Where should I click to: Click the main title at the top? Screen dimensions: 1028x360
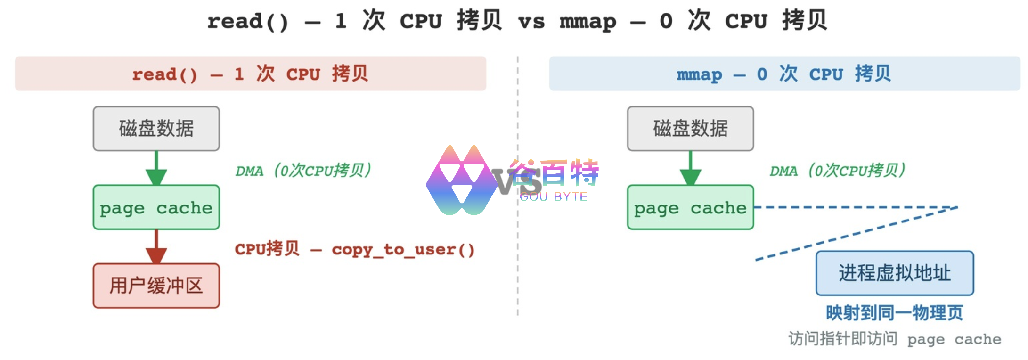pyautogui.click(x=517, y=21)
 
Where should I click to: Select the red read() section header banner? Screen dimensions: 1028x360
pyautogui.click(x=251, y=74)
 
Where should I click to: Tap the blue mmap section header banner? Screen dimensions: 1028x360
pyautogui.click(x=784, y=74)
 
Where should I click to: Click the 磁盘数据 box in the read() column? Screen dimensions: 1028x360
pyautogui.click(x=156, y=129)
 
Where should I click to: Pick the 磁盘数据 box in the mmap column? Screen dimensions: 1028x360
pyautogui.click(x=691, y=129)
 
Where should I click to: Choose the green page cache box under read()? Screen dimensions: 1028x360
pyautogui.click(x=156, y=207)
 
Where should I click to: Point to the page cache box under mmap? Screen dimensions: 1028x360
pyautogui.click(x=691, y=207)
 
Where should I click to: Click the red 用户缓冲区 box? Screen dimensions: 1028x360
pyautogui.click(x=156, y=286)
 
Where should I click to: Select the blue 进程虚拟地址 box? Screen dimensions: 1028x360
pyautogui.click(x=895, y=273)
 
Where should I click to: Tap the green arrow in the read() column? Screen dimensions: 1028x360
pyautogui.click(x=156, y=168)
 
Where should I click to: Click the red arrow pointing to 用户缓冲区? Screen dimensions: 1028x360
pyautogui.click(x=156, y=247)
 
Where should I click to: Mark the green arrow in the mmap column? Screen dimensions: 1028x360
pyautogui.click(x=691, y=168)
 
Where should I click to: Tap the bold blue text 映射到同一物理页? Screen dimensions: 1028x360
pyautogui.click(x=895, y=313)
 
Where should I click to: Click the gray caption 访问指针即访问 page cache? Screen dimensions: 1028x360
pyautogui.click(x=895, y=339)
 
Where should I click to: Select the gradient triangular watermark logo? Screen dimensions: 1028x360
pyautogui.click(x=462, y=180)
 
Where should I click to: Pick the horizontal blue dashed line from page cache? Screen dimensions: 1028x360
pyautogui.click(x=856, y=207)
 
